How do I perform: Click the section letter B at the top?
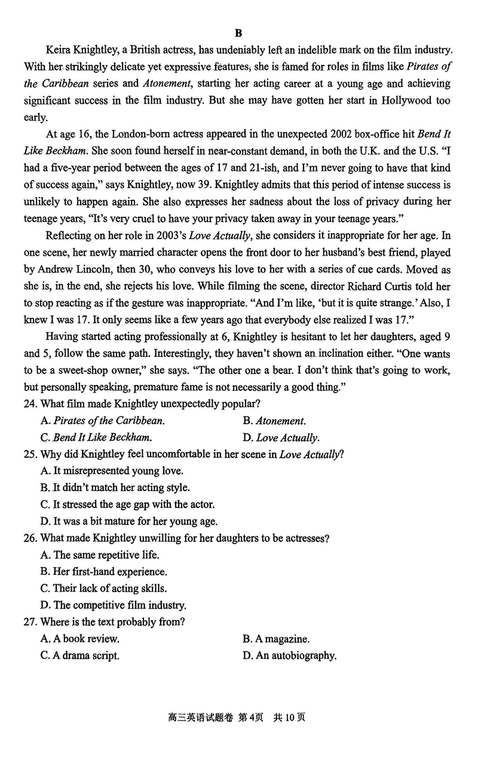[238, 33]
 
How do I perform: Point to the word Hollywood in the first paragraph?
[407, 100]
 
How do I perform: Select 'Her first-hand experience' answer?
[104, 572]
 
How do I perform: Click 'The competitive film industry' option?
[114, 605]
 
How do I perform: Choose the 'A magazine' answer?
[276, 639]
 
